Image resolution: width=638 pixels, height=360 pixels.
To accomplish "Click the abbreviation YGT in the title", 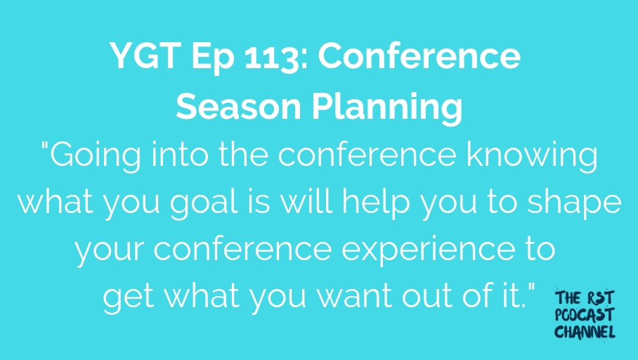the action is click(145, 56).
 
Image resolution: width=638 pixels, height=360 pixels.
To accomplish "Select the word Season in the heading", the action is click(238, 106).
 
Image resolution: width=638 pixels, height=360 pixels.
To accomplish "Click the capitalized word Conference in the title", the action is click(419, 56).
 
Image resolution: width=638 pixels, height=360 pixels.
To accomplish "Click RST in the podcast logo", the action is click(599, 298).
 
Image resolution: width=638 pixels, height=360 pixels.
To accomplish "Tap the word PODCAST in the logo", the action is click(585, 315).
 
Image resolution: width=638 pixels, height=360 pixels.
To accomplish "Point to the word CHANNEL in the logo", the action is click(585, 332).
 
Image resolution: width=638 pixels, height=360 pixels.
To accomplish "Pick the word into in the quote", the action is click(179, 155).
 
